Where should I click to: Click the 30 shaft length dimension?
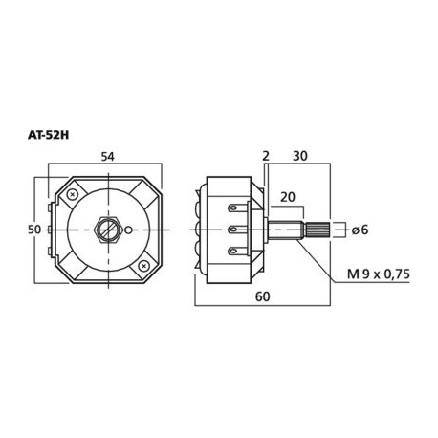click(300, 155)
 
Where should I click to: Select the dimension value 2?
click(263, 155)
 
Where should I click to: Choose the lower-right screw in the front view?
click(142, 264)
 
